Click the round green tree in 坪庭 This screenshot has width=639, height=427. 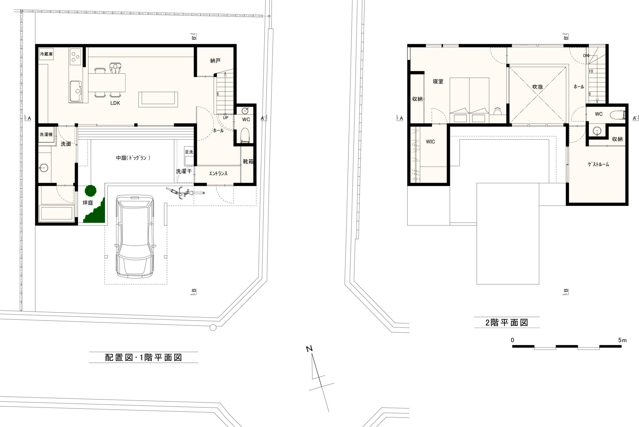point(91,191)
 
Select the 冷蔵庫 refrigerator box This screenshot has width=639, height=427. point(46,54)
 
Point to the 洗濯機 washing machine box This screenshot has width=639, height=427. point(46,134)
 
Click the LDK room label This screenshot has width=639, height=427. point(115,103)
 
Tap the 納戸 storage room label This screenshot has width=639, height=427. point(215,61)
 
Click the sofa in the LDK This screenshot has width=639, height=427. point(158,99)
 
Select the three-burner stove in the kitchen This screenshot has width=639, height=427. point(75,57)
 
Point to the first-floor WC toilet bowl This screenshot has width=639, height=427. point(245,135)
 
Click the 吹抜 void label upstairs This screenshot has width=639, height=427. point(538,87)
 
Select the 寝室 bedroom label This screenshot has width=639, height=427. point(438,81)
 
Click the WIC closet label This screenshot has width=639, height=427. point(430,141)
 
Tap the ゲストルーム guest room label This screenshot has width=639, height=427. point(598,164)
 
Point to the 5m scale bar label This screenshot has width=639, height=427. point(622,340)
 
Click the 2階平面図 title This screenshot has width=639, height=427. point(507,323)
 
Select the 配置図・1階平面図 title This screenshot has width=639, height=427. point(143,357)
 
